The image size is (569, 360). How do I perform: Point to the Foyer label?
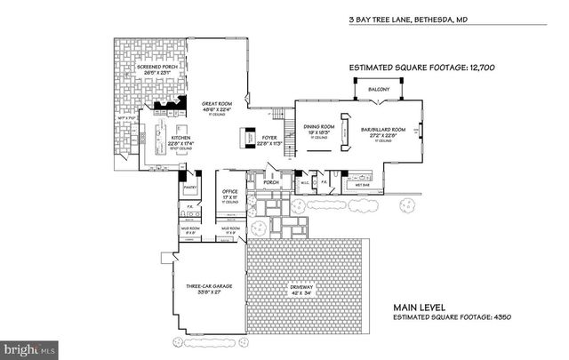point(269,138)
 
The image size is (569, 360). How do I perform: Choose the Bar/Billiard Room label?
point(385,129)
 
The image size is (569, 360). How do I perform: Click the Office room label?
point(230,190)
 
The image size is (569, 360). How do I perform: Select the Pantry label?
point(188,188)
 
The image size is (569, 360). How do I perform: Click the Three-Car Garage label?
point(209,286)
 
